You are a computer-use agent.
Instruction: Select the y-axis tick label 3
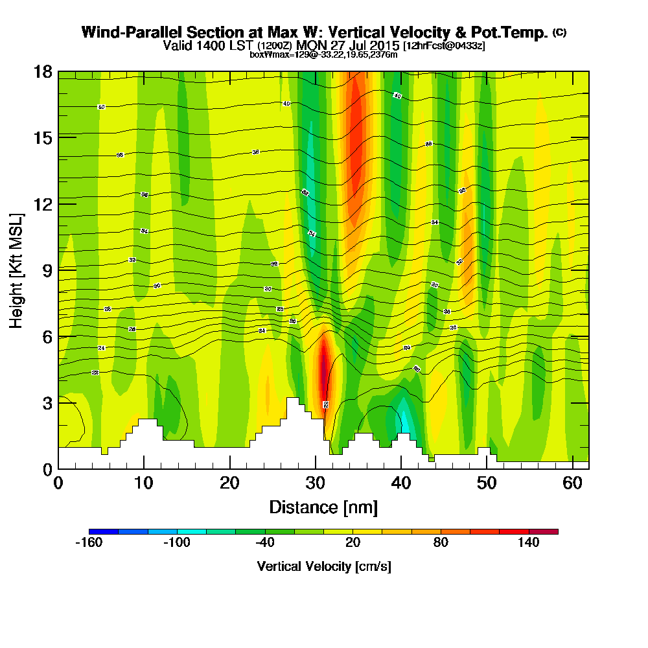pos(47,402)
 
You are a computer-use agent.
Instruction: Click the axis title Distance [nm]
pos(323,507)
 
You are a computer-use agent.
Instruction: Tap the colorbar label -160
pos(89,543)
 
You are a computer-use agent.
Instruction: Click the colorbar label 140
pos(529,543)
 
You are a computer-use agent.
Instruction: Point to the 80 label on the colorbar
pos(441,543)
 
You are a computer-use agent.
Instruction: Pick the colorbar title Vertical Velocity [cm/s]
pos(323,566)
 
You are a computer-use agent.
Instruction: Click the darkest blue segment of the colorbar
pos(104,531)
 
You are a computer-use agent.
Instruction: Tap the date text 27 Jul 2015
pos(362,46)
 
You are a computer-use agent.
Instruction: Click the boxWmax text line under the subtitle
pos(323,54)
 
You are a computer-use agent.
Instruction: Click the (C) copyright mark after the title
pos(559,32)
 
